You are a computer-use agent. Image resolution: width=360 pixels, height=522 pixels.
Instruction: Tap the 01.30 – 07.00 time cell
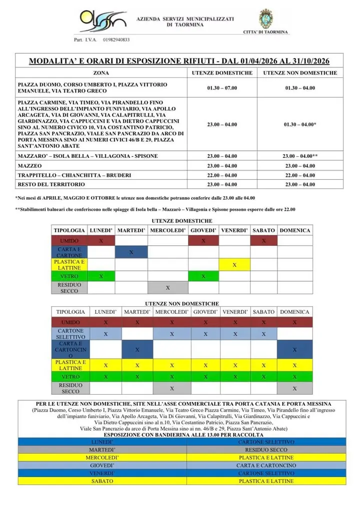click(x=222, y=87)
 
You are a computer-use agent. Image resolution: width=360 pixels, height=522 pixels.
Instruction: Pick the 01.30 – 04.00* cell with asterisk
click(x=300, y=124)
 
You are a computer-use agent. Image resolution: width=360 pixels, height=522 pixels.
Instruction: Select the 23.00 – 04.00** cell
click(x=300, y=156)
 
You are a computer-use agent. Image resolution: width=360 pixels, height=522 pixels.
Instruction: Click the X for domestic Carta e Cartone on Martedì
click(x=131, y=252)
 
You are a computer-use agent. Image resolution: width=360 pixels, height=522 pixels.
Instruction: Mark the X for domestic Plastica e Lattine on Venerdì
click(x=234, y=265)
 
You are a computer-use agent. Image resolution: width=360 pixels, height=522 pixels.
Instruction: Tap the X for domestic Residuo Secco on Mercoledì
click(x=168, y=288)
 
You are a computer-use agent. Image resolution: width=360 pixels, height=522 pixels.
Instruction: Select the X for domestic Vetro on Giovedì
click(x=203, y=276)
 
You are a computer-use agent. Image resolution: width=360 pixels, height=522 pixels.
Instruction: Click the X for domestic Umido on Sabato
click(x=263, y=241)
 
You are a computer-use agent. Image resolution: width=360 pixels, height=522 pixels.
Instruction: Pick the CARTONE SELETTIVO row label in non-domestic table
click(x=70, y=334)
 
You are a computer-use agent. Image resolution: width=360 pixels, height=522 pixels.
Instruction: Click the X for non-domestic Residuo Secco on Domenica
click(x=294, y=388)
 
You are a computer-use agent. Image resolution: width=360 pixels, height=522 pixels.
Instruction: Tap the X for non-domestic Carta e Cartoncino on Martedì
click(x=137, y=350)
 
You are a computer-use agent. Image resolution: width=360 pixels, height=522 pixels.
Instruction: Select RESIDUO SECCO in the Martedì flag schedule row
click(x=266, y=450)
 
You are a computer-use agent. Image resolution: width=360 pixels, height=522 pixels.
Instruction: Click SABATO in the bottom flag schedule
click(x=102, y=481)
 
